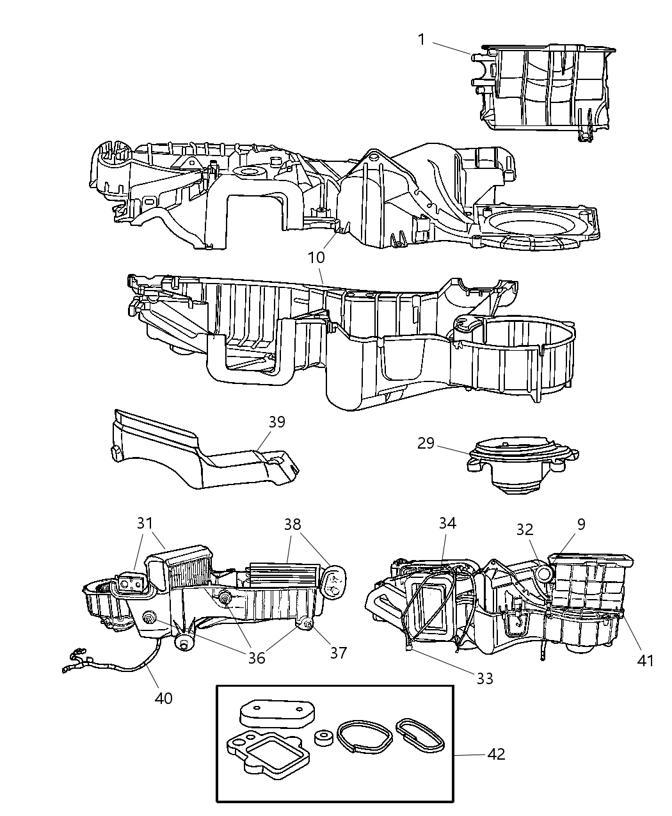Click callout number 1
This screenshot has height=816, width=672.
tap(421, 40)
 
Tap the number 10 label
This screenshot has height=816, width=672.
tap(316, 257)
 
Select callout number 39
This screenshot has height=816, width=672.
tap(276, 422)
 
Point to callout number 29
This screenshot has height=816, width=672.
tap(426, 443)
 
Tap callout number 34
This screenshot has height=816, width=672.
tap(447, 523)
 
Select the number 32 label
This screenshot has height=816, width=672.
tap(525, 529)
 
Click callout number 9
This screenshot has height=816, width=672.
tap(580, 524)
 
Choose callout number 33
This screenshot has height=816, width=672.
tap(484, 678)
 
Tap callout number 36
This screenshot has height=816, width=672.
tap(256, 657)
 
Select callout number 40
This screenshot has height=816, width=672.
tap(163, 698)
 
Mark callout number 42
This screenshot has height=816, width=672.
tap(496, 755)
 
